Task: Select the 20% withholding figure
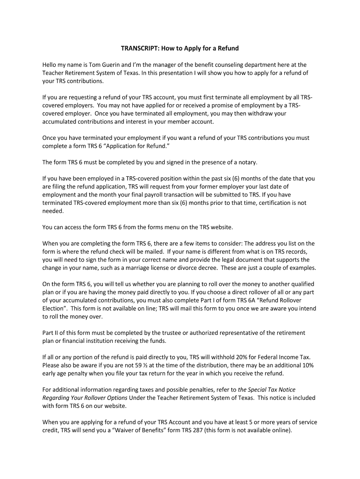pyautogui.click(x=250, y=357)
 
